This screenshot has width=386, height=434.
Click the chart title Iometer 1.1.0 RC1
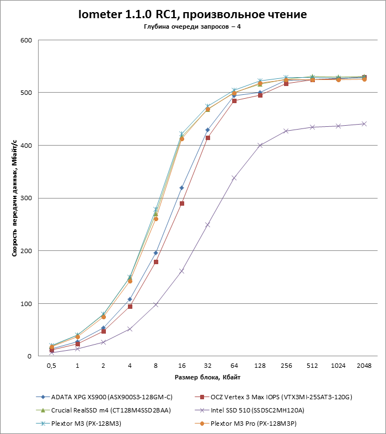[x=192, y=14]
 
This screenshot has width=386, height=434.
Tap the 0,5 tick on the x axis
[x=51, y=366]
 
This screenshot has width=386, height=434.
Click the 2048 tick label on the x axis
[x=364, y=366]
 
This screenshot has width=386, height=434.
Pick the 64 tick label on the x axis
[x=234, y=366]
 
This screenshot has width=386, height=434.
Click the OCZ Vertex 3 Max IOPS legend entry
[x=278, y=396]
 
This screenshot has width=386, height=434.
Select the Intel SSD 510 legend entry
[x=261, y=410]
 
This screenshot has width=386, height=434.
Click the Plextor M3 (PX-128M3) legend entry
[x=86, y=423]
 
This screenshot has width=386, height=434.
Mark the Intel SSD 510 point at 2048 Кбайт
[x=364, y=124]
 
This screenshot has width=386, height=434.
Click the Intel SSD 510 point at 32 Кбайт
[x=208, y=225]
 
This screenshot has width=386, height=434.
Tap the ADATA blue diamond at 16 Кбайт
[x=181, y=188]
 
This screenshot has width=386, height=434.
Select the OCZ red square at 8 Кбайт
[x=156, y=262]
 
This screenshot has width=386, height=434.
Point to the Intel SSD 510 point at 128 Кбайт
[x=260, y=145]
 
